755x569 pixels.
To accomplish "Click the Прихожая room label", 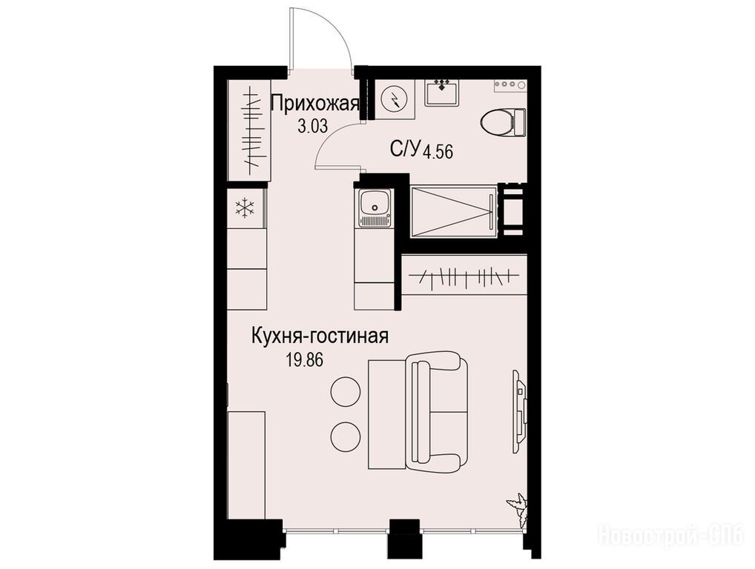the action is point(315,104).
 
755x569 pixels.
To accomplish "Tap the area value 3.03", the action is point(312,127).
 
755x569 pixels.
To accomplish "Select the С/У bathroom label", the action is point(406,149).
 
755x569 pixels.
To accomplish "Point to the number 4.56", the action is point(438,152).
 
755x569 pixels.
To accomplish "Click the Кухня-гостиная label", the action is point(320,336).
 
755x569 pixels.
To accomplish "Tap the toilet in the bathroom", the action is point(503,122).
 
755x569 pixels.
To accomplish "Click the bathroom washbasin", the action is point(442,93).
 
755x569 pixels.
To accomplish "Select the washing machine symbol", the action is point(395,100).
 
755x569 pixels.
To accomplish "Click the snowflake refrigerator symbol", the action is point(245,207).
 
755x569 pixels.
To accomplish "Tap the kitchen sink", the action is point(375,207).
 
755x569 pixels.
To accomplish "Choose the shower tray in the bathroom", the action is point(453,212).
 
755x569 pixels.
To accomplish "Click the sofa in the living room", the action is point(436,412).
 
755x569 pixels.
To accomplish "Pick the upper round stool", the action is point(346,391).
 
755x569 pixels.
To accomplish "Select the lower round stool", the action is point(346,436).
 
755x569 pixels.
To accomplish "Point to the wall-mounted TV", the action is point(519,410).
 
